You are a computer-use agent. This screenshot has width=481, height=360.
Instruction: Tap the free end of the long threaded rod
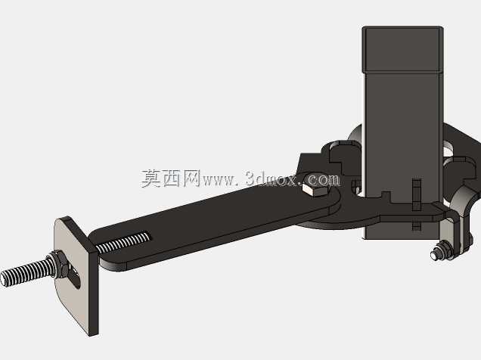pos(5,280)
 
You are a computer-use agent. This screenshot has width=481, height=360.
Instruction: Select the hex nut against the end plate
pos(59,264)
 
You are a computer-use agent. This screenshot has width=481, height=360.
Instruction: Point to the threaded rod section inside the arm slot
pos(123,242)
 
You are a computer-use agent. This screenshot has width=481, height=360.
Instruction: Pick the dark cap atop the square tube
pos(403,49)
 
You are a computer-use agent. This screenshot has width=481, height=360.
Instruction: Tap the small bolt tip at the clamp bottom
pos(434,255)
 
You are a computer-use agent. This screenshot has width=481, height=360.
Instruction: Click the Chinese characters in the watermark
pos(171,178)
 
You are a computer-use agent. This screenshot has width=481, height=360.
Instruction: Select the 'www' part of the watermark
pos(219,180)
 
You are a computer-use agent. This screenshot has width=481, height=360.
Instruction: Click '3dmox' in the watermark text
pos(272,178)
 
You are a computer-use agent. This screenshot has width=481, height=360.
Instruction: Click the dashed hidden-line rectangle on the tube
pos(417,204)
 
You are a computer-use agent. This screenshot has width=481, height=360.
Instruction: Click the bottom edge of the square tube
pos(402,238)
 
